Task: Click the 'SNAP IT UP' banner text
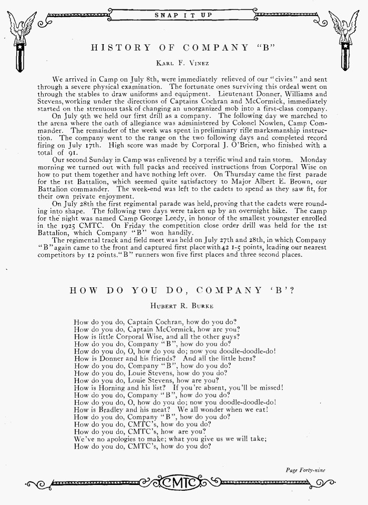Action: click(x=183, y=14)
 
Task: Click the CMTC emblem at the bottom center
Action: click(x=183, y=482)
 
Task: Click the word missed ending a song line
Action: click(x=268, y=388)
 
